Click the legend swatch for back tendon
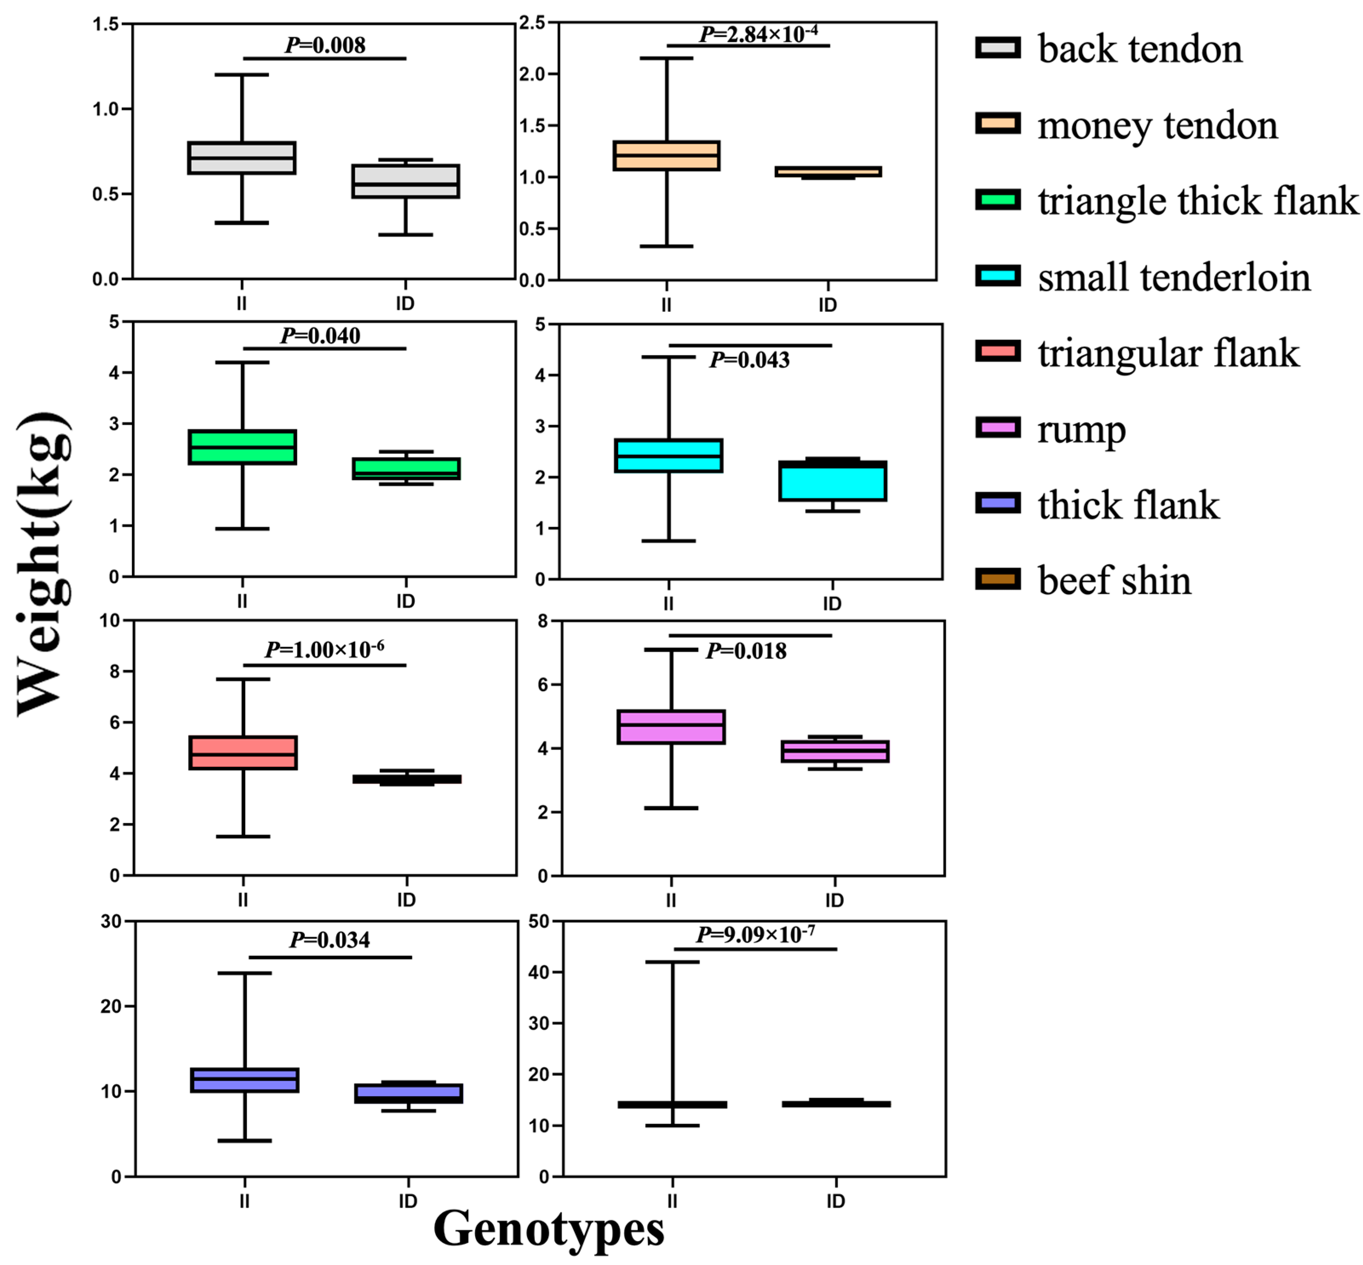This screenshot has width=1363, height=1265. pos(997,47)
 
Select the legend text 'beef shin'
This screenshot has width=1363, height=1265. pos(1114,581)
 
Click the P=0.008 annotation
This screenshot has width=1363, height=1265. pos(325,45)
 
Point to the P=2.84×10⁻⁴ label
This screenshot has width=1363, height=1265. pos(758,34)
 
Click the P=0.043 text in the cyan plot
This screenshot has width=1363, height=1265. pos(749,359)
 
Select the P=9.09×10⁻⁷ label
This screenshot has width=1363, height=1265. pos(755,935)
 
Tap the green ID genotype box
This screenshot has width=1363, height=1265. pos(406,469)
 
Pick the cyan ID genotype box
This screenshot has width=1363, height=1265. pos(832,481)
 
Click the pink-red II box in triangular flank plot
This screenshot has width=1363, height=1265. pos(243,753)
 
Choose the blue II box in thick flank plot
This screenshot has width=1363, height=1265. pos(244,1080)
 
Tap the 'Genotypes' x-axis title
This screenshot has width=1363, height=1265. pos(549,1229)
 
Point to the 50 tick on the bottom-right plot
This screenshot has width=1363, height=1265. pos(539,921)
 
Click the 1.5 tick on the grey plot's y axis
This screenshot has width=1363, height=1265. pos(106,24)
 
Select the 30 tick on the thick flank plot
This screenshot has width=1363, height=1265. pos(111,921)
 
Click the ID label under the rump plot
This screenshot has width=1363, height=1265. pos(834,900)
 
